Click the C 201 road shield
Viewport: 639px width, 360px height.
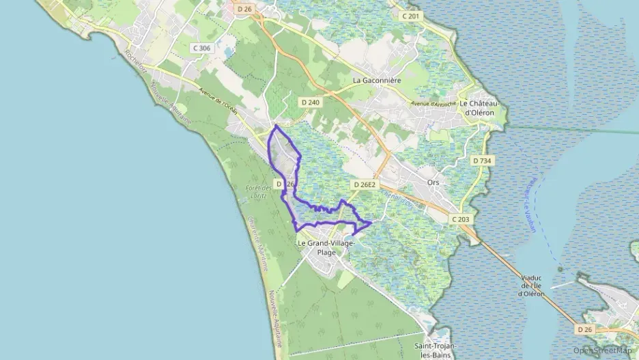click(x=410, y=16)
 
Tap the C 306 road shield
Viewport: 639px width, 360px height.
click(x=202, y=48)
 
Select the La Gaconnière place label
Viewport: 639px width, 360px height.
click(x=376, y=80)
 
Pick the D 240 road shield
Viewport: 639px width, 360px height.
click(x=310, y=102)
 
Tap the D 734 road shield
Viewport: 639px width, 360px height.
click(x=482, y=161)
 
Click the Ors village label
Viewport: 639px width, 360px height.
click(x=432, y=183)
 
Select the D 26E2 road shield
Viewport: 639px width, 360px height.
click(x=365, y=184)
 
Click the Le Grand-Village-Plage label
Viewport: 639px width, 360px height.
click(x=326, y=247)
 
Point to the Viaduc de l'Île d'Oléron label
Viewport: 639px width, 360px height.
click(x=530, y=286)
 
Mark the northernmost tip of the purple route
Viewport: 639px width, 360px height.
click(x=275, y=126)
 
